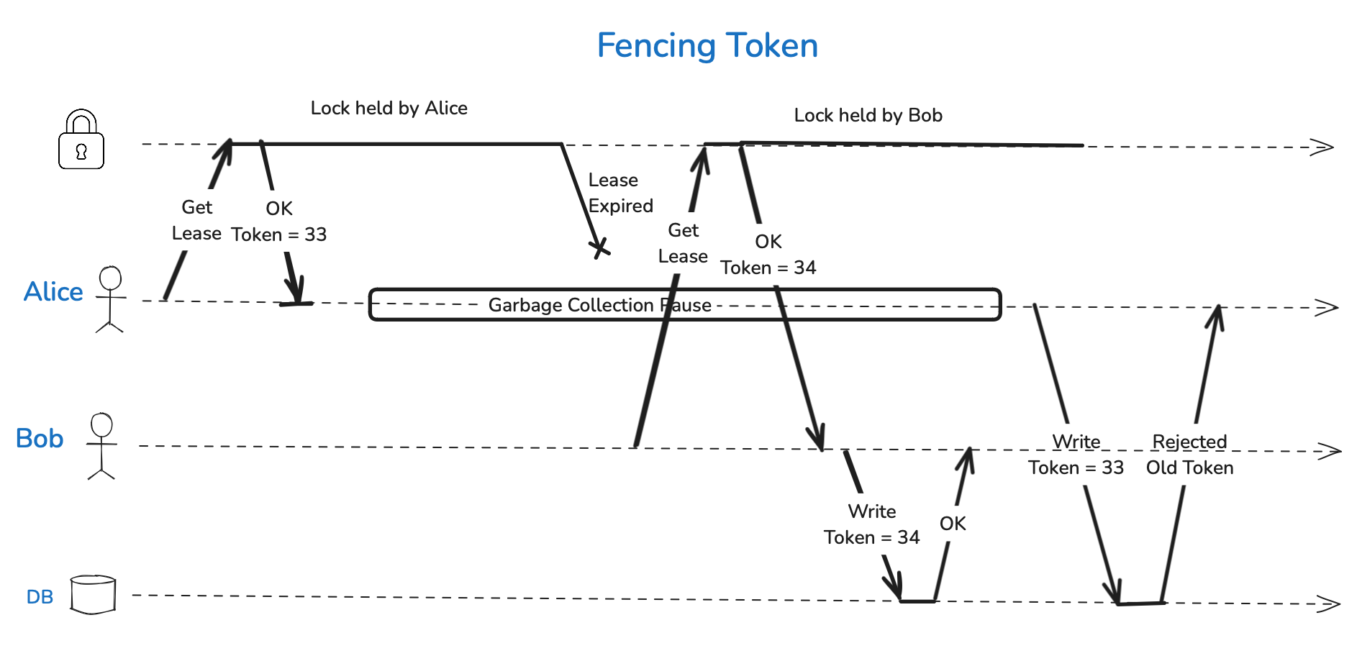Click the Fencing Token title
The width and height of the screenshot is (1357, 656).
(707, 46)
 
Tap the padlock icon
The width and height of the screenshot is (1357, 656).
(81, 141)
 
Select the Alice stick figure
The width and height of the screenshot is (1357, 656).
(110, 299)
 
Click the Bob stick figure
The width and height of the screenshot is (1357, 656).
(101, 446)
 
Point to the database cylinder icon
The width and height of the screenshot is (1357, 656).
(93, 594)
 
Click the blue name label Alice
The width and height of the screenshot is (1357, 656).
(53, 292)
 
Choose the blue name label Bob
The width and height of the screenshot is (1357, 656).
(40, 439)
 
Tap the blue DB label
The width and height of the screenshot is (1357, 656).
(40, 597)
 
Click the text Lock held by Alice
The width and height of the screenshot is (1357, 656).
(389, 109)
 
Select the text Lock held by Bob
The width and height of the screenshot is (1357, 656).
(868, 116)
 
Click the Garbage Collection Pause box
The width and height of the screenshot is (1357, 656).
(684, 305)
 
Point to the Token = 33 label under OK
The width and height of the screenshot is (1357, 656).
(279, 235)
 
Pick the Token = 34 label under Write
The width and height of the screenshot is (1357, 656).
(871, 538)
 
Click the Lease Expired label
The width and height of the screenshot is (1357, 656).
(620, 193)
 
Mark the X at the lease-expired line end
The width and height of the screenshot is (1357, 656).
(599, 249)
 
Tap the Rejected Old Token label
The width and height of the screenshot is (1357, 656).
(1189, 455)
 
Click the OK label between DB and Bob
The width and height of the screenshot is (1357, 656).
(953, 524)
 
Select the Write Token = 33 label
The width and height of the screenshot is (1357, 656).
(1076, 455)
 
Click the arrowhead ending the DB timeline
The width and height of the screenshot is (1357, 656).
(1328, 603)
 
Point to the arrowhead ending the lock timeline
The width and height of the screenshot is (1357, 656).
(1322, 147)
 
